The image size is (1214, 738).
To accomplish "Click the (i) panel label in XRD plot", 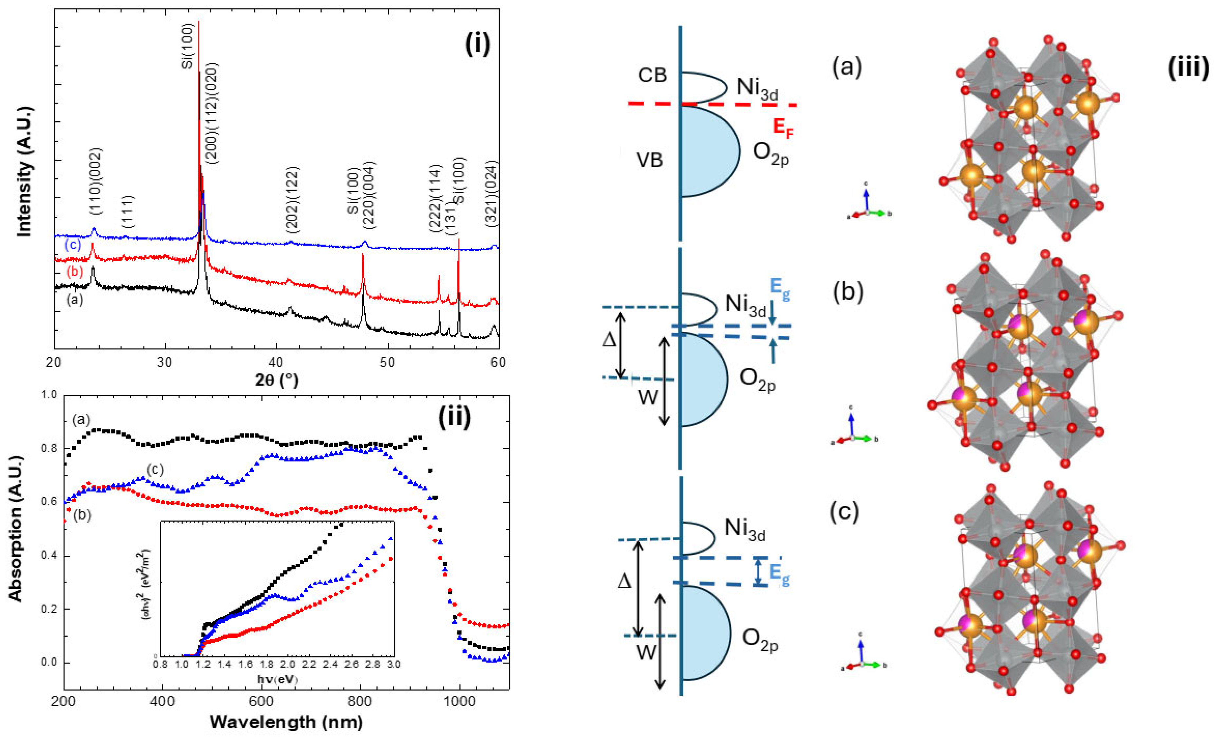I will tap(477, 45).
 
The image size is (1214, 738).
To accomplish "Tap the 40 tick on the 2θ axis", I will tap(276, 362).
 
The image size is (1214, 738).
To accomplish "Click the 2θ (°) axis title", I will tap(276, 380).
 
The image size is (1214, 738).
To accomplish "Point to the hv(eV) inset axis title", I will tap(277, 679).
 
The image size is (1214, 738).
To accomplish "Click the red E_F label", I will tap(783, 128).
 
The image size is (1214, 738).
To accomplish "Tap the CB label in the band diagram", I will tap(652, 75).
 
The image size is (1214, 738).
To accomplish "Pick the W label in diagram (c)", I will tap(646, 652).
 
